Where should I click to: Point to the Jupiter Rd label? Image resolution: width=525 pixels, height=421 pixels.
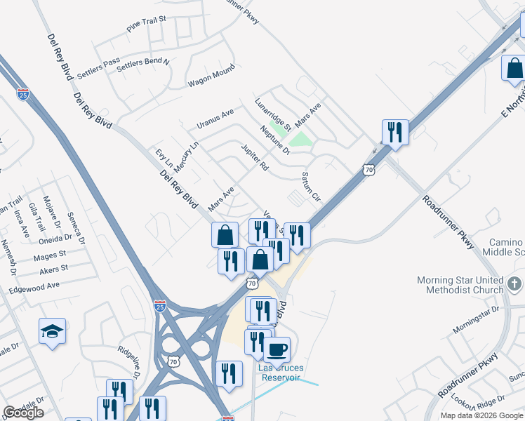tap(255, 159)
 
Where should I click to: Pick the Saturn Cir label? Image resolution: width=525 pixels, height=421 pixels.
tap(310, 186)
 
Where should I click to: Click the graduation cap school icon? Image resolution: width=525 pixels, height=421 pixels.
tap(52, 330)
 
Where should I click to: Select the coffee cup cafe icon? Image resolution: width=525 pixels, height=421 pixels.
tap(277, 349)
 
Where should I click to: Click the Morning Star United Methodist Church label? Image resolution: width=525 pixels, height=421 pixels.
tap(460, 285)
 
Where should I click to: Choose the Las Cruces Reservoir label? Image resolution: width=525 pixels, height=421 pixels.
tap(281, 373)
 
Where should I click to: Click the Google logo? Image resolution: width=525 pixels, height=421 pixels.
tap(23, 413)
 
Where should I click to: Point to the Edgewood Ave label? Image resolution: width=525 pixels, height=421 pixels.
tap(34, 287)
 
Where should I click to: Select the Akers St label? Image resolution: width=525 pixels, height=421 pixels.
tap(54, 269)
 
